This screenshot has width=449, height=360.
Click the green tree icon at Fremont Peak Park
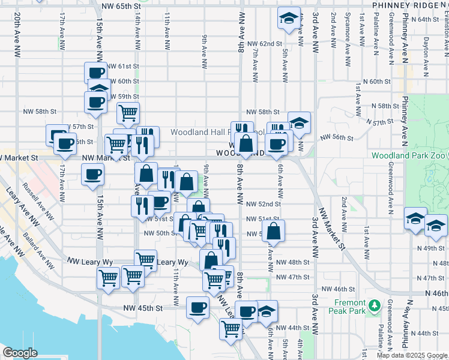(376, 306)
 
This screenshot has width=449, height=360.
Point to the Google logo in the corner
(20, 353)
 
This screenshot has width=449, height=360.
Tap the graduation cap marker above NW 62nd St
(289, 19)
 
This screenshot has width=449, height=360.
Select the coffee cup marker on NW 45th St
(198, 308)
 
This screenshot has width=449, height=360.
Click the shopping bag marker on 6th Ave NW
(273, 231)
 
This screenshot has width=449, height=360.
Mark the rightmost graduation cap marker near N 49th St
(436, 226)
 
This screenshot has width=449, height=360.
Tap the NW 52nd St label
(264, 204)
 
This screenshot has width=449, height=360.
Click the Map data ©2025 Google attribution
(412, 355)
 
